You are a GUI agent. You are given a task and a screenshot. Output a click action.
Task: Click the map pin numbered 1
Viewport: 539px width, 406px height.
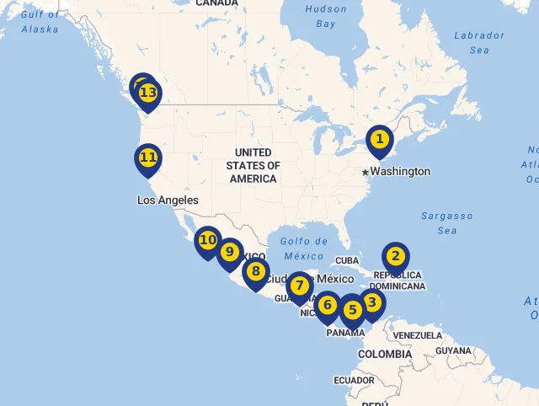tap(380, 140)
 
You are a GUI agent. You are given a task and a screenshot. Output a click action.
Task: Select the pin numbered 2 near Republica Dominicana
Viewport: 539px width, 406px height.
tap(395, 257)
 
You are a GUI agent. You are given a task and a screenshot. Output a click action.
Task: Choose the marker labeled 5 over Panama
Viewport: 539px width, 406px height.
tap(353, 311)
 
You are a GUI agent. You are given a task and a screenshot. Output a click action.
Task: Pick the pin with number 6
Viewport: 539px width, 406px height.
tap(328, 306)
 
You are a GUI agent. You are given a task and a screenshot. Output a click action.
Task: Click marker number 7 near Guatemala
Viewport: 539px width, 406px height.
tap(299, 286)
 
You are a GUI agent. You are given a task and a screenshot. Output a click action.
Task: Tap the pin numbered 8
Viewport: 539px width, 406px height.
tap(255, 272)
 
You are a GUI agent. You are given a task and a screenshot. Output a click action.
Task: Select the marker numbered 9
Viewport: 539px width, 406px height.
tap(229, 252)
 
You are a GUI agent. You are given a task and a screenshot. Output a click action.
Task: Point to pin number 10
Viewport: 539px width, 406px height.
tap(207, 241)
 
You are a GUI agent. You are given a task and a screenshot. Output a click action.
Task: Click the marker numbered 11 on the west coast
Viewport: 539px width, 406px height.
tap(148, 158)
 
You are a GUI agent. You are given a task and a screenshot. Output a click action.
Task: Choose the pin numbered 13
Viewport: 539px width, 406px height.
tap(148, 93)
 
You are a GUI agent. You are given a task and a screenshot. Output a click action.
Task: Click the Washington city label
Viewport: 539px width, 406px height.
tap(400, 172)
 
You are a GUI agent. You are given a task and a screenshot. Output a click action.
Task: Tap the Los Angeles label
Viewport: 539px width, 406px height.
tap(168, 200)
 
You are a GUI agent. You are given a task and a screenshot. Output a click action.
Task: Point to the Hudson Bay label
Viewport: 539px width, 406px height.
tap(326, 17)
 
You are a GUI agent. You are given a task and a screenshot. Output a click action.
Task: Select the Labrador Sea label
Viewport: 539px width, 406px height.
tap(478, 42)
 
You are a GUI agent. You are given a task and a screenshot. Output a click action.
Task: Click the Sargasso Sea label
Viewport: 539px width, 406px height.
tap(447, 223)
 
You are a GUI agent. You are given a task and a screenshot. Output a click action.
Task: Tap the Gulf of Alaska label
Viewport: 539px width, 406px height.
tap(40, 21)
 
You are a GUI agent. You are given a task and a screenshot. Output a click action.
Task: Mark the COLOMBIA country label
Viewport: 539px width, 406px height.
tap(385, 355)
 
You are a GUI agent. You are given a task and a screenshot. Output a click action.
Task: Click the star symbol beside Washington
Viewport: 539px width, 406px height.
tap(366, 172)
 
